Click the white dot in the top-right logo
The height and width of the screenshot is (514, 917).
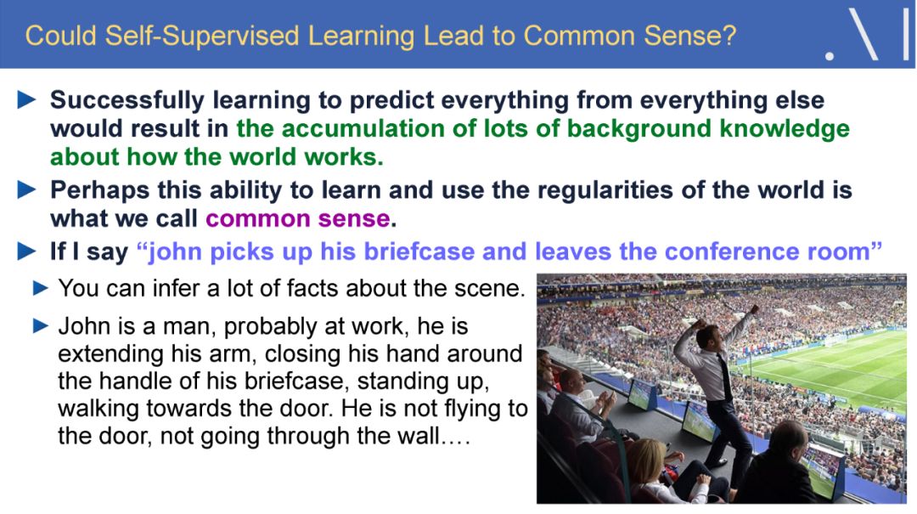(x=830, y=56)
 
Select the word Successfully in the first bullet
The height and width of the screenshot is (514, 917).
(x=127, y=101)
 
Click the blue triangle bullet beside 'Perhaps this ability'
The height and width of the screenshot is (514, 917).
(x=27, y=190)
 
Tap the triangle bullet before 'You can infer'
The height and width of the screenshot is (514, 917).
(x=41, y=288)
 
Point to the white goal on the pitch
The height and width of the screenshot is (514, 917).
(x=835, y=339)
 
